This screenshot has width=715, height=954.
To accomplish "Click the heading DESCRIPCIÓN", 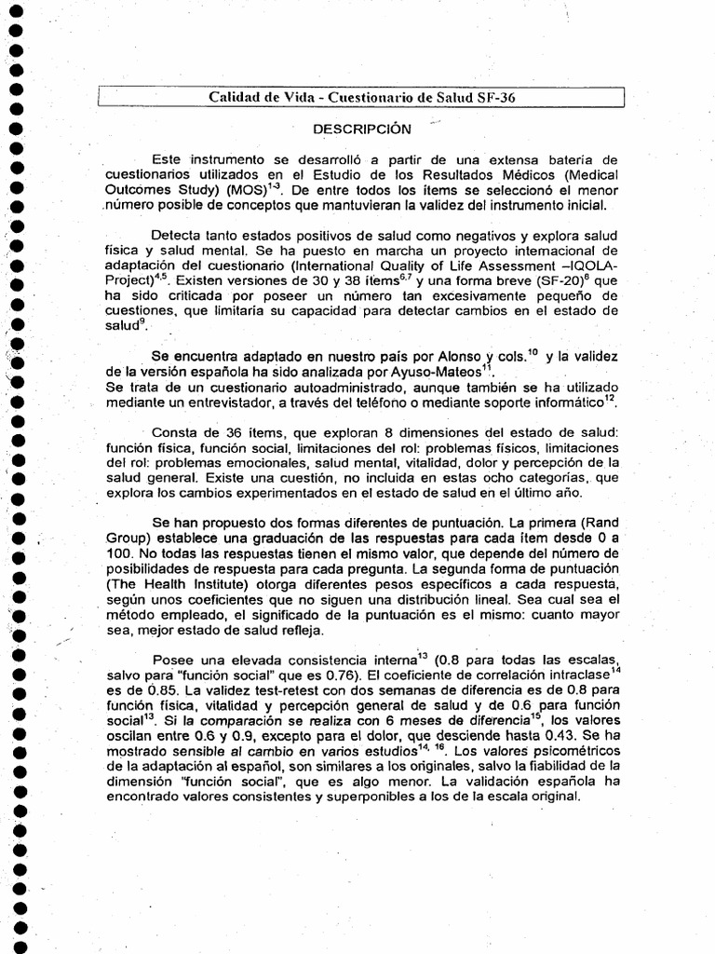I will tap(359, 127).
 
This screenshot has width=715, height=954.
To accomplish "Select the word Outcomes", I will tap(136, 190).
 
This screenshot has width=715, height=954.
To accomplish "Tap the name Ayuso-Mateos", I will tap(447, 371).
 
